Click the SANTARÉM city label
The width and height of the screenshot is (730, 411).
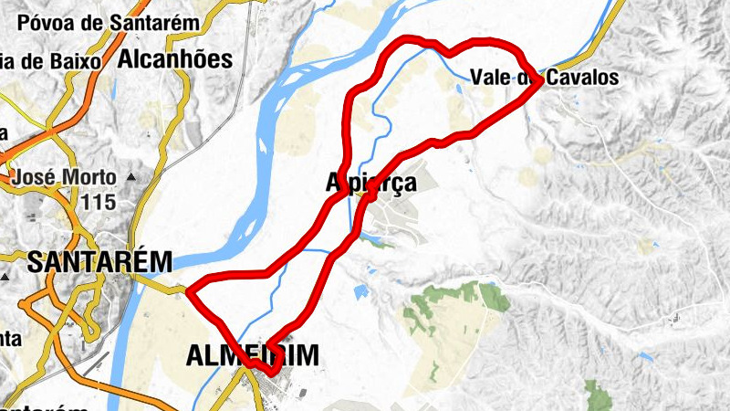(99, 262)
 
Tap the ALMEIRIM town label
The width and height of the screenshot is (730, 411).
(253, 356)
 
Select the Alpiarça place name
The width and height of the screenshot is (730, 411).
(372, 183)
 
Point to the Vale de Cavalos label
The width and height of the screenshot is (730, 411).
(545, 78)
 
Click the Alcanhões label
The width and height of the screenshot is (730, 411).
(175, 60)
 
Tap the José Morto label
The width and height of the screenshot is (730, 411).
(64, 176)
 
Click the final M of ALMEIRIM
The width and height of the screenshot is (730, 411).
(308, 356)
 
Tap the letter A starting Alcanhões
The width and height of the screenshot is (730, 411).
(126, 60)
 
